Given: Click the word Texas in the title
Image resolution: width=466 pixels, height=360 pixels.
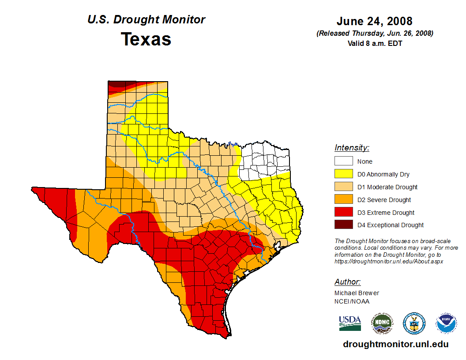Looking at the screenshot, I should pyautogui.click(x=146, y=39).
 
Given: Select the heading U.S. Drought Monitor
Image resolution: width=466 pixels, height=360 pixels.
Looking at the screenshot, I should pyautogui.click(x=146, y=19).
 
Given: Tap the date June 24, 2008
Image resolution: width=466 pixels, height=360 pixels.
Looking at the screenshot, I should pyautogui.click(x=374, y=21).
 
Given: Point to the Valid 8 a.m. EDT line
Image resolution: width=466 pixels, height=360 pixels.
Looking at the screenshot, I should pyautogui.click(x=375, y=43).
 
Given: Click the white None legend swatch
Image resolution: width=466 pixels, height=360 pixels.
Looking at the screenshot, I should pyautogui.click(x=343, y=161).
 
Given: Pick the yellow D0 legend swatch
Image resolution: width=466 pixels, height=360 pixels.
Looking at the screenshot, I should pyautogui.click(x=343, y=174).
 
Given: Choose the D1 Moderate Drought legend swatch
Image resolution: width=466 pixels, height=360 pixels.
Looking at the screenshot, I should pyautogui.click(x=343, y=187).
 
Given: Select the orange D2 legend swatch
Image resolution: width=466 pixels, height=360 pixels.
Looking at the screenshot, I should pyautogui.click(x=343, y=199).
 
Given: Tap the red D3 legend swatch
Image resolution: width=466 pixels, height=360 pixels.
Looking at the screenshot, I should pyautogui.click(x=343, y=212).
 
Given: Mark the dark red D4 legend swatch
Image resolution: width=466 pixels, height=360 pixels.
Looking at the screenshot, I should pyautogui.click(x=343, y=225).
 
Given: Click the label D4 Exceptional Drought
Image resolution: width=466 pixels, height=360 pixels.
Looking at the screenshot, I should pyautogui.click(x=391, y=225).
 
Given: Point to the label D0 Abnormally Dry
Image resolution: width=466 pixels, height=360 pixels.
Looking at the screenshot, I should pyautogui.click(x=383, y=174).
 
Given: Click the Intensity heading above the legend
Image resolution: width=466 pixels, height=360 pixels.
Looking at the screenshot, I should pyautogui.click(x=352, y=148).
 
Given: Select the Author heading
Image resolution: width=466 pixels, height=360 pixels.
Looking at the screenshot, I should pyautogui.click(x=348, y=282).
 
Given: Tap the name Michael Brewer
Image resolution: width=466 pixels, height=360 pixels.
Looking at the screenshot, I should pyautogui.click(x=357, y=293).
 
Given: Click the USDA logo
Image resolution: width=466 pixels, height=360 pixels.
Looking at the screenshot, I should pyautogui.click(x=350, y=323).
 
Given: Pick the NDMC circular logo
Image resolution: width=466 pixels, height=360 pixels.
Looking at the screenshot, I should pyautogui.click(x=382, y=323).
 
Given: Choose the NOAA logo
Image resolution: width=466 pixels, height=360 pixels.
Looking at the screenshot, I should pyautogui.click(x=446, y=323).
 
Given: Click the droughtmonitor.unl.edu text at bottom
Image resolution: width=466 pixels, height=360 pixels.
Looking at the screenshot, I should pyautogui.click(x=395, y=345).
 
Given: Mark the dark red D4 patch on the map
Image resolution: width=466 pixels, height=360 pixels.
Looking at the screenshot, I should pyautogui.click(x=116, y=84).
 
